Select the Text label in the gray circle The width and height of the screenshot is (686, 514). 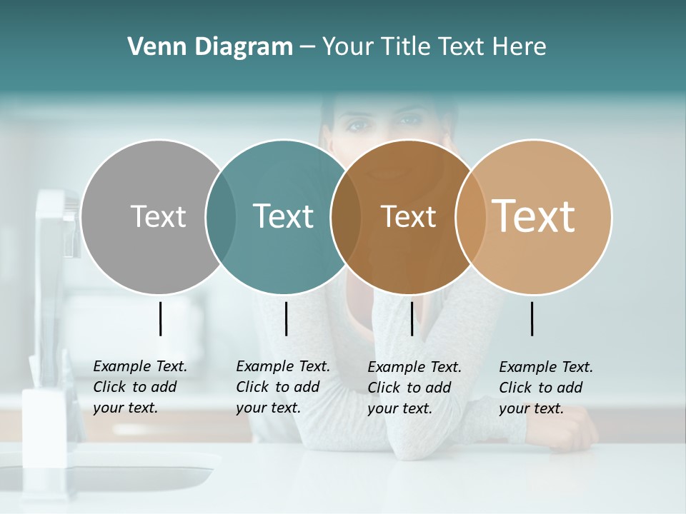tap(158, 216)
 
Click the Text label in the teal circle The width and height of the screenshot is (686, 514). tap(283, 216)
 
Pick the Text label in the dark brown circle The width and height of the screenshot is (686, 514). tap(408, 217)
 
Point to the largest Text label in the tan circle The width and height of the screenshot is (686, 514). tap(533, 216)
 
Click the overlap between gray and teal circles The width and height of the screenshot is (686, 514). tap(221, 217)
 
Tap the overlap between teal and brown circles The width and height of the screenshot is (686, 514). tap(346, 217)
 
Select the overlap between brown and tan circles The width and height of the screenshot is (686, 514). tap(470, 217)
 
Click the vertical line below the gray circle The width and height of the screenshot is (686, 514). tap(160, 318)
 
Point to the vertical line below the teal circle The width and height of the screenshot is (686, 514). tap(286, 318)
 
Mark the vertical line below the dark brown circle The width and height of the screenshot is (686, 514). tap(412, 318)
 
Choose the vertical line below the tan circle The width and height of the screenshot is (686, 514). tap(532, 318)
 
